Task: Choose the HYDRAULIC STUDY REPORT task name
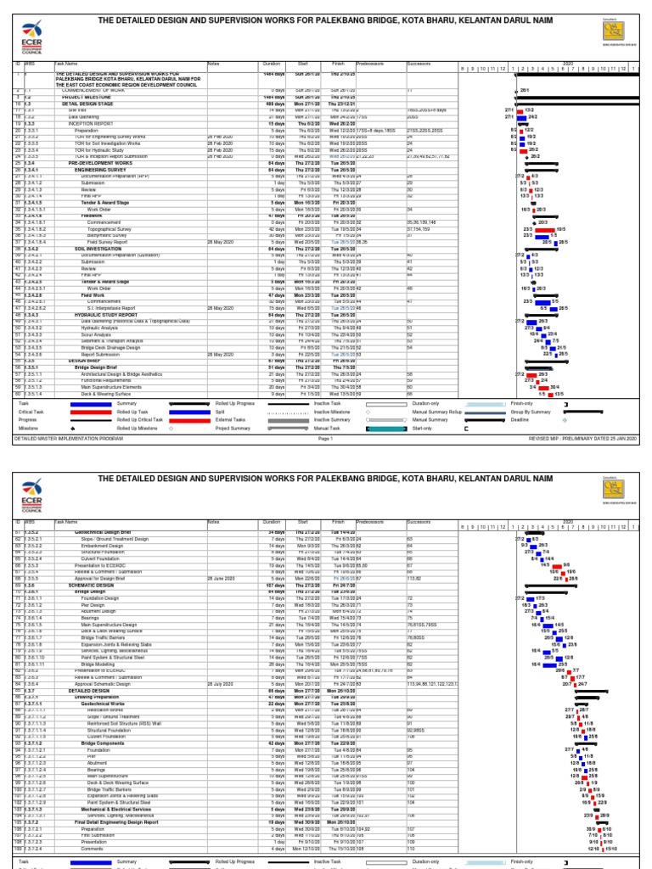100,314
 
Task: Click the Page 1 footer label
325,437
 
